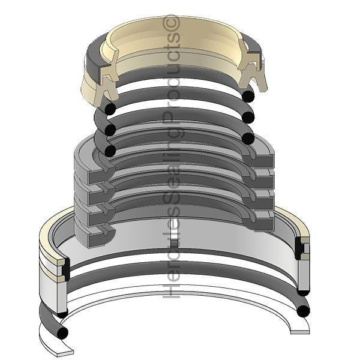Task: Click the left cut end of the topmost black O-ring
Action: click(110, 108)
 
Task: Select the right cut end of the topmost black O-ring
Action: click(248, 96)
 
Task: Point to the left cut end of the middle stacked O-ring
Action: click(110, 130)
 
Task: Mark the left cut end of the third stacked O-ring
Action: click(110, 151)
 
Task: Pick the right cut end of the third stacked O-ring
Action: click(248, 139)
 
